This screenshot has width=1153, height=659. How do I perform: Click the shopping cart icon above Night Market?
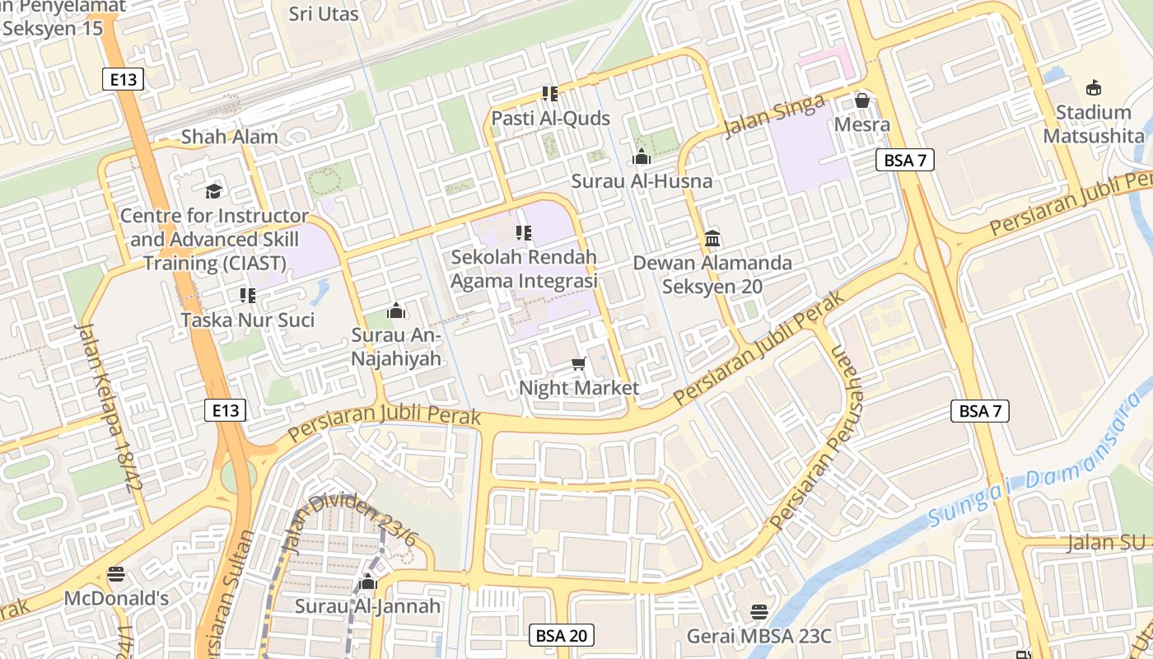(579, 363)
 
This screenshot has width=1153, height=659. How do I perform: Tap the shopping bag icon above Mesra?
(862, 100)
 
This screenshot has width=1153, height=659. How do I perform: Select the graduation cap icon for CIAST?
(214, 191)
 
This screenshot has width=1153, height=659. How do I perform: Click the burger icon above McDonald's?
(115, 574)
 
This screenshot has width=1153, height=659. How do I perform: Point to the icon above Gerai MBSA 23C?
(759, 612)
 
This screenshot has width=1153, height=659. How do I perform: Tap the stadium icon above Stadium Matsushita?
(1094, 88)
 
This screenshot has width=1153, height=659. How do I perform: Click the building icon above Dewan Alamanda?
(712, 239)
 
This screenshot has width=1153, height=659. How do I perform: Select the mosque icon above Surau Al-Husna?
(642, 157)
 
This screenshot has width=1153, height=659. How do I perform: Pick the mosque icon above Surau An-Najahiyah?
(396, 311)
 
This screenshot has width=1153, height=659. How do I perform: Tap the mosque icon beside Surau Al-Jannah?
(368, 582)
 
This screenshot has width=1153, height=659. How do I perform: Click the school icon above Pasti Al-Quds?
(550, 94)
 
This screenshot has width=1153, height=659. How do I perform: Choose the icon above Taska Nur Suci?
(247, 295)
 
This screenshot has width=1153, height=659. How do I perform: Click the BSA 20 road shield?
(561, 635)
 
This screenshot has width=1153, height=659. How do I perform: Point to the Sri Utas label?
(324, 14)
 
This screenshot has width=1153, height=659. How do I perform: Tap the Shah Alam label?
(229, 137)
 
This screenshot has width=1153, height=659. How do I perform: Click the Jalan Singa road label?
(774, 116)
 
